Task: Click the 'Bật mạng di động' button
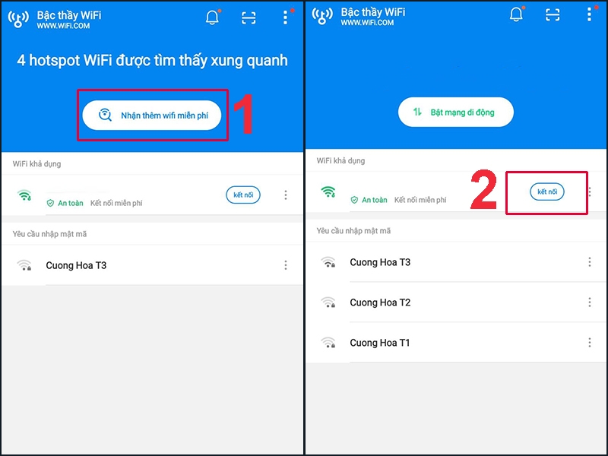point(456,112)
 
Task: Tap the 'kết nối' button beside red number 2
point(547,192)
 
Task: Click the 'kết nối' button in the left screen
point(243,195)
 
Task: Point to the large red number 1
point(242,116)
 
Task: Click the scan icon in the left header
point(249,18)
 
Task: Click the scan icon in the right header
point(553,15)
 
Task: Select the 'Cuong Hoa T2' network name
point(380,302)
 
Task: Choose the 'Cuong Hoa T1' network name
point(380,343)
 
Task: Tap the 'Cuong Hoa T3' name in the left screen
point(76,265)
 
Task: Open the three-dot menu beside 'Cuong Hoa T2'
point(590,302)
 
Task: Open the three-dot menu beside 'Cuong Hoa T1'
point(590,343)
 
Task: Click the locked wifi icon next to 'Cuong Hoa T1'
point(328,343)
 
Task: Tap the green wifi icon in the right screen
point(328,192)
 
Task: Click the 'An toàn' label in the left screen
point(65,203)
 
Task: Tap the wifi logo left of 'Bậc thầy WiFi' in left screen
point(18,18)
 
